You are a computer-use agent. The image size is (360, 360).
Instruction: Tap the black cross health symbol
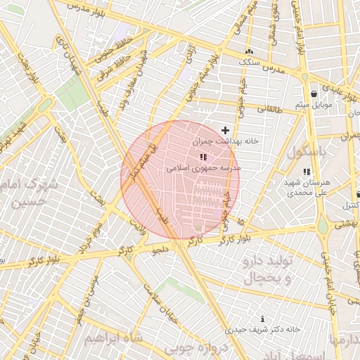tap(225, 130)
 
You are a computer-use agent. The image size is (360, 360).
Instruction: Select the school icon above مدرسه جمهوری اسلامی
tap(203, 157)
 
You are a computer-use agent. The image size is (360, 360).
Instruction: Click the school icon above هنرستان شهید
tap(305, 172)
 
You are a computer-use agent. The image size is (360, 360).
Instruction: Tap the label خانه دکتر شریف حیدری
tap(263, 329)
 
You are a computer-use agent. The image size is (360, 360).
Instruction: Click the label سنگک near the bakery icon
tap(250, 63)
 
